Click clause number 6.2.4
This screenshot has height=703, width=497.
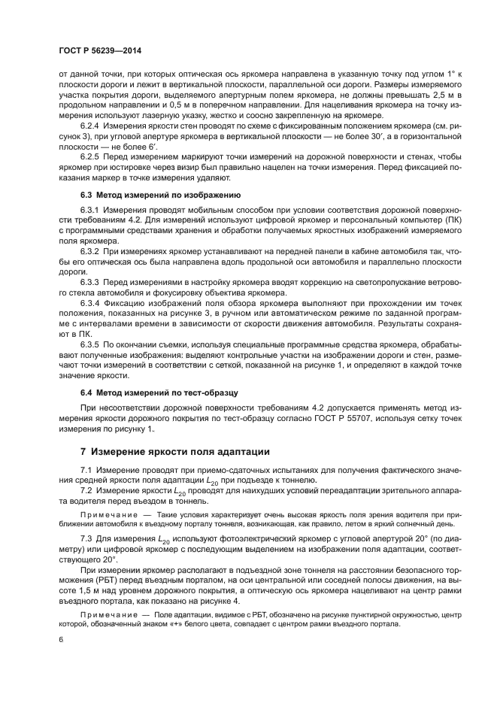(92, 128)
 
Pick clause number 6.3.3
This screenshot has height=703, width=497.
(92, 281)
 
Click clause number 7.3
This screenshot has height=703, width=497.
(86, 540)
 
